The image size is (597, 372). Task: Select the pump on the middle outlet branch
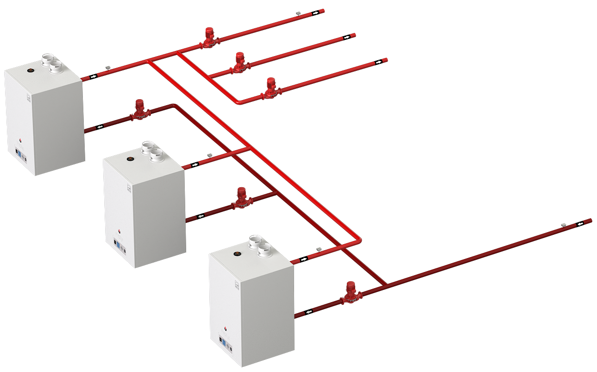(239, 63)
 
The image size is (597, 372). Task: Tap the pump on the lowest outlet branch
(270, 88)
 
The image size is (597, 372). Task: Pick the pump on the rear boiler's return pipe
(138, 110)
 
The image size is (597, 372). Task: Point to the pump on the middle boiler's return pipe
(241, 198)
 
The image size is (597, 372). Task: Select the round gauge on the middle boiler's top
(131, 159)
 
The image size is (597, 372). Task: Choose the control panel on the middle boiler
(120, 246)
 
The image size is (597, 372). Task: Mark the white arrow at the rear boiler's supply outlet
(94, 76)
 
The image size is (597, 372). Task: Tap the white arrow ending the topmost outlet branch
(316, 13)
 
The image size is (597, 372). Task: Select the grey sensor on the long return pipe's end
(564, 224)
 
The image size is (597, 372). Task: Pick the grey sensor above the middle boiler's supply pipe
(209, 155)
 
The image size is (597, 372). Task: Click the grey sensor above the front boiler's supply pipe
(319, 249)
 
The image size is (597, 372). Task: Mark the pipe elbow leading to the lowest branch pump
(238, 102)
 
